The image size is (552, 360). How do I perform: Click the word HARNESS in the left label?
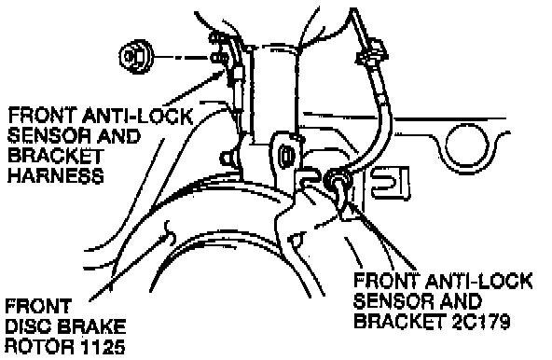[56, 175]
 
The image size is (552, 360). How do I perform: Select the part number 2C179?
[481, 321]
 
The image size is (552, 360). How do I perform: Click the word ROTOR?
[40, 347]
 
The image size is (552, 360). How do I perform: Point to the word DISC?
[28, 326]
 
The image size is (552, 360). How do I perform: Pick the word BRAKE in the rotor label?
[91, 326]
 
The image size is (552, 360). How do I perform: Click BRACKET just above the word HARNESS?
[56, 156]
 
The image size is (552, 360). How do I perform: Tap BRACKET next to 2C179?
[400, 321]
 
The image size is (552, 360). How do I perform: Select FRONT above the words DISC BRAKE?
[39, 307]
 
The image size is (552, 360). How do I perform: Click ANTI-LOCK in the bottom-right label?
[478, 281]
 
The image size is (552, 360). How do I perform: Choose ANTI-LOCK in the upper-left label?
[138, 117]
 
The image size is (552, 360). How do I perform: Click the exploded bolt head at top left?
[135, 56]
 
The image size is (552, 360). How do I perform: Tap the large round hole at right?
[467, 145]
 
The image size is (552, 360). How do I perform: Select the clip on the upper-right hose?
[372, 54]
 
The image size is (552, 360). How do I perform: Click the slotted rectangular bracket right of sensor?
[389, 183]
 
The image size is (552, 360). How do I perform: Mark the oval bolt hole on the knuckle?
[286, 156]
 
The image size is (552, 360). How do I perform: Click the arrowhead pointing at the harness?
[219, 75]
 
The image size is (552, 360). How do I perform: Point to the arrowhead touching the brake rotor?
[165, 239]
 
